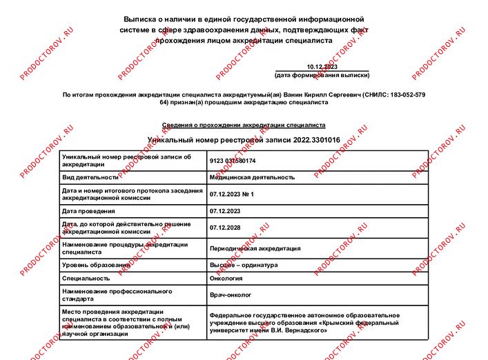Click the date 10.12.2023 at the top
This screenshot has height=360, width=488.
click(322, 66)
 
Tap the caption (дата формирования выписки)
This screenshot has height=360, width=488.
click(322, 74)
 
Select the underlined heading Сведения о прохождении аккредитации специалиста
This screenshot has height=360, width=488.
click(244, 126)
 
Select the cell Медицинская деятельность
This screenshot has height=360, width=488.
click(252, 177)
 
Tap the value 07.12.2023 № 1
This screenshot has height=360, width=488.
click(232, 194)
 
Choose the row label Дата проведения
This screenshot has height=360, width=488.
click(88, 211)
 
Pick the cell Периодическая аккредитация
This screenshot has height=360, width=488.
click(255, 248)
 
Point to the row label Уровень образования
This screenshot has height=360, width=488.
click(96, 265)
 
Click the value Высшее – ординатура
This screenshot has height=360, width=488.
click(244, 265)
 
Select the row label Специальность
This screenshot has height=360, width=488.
click(86, 279)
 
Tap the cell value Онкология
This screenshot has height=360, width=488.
click(226, 279)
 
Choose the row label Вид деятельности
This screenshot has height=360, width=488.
click(90, 177)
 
